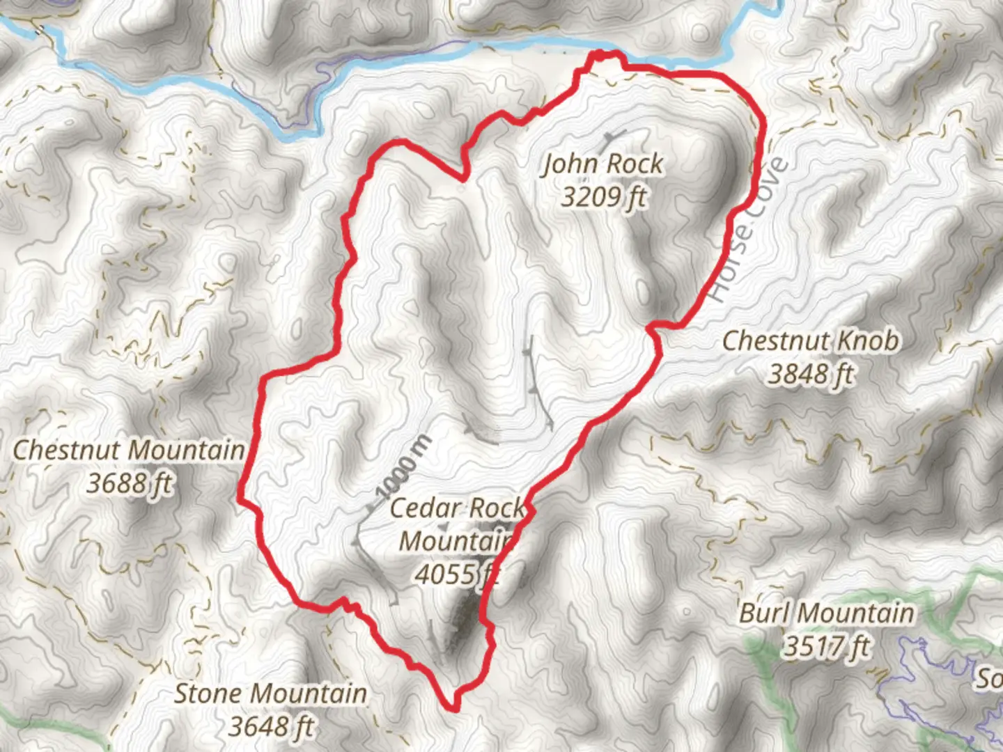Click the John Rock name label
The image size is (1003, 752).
pos(603,164)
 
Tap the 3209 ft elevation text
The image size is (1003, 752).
pos(603,197)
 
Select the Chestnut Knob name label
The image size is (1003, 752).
pos(810,341)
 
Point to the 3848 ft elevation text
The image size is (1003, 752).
pos(811,374)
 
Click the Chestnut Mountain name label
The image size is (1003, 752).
pos(130,450)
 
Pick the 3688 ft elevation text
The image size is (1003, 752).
pos(130,483)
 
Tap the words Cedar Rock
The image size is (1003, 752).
pos(456,508)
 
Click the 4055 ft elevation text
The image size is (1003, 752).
pos(456,574)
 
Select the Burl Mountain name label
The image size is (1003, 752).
pos(826,613)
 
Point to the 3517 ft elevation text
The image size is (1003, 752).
pos(826,646)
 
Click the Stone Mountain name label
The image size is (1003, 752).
pos(270,694)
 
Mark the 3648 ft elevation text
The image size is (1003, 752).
pos(270,726)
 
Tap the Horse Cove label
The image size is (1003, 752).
pos(749,230)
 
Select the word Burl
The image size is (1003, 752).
pos(765,613)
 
